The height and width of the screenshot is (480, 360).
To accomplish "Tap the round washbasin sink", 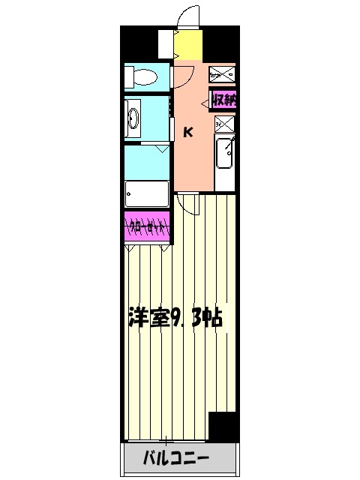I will (x=134, y=118).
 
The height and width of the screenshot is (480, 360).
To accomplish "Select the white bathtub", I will (x=148, y=193).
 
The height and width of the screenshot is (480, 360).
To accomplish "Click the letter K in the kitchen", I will (x=188, y=133).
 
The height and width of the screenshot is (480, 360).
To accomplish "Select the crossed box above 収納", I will (x=223, y=74).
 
